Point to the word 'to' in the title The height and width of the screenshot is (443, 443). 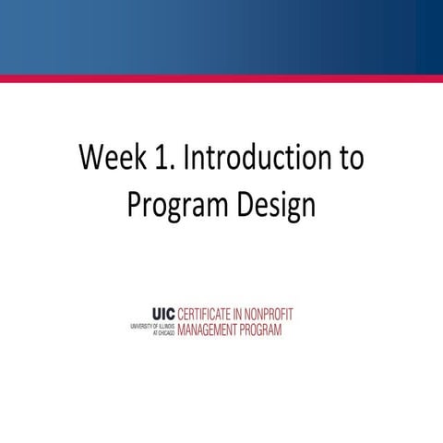(349, 159)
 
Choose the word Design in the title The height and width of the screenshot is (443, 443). (273, 205)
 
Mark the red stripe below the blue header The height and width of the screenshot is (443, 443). (221, 78)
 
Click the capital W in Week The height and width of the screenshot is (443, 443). (91, 159)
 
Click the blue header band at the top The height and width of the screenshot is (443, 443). (221, 37)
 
